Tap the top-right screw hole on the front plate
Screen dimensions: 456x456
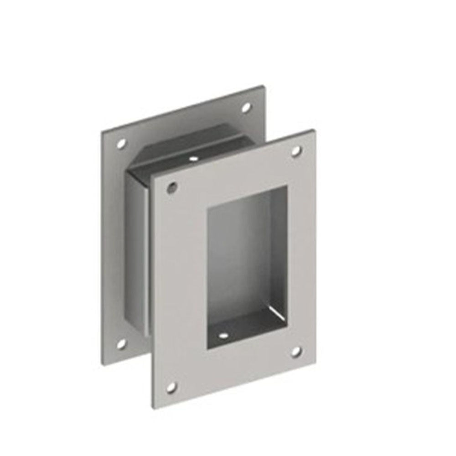(x=296, y=150)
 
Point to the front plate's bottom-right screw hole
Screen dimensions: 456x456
(x=296, y=351)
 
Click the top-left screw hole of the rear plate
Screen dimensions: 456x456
(x=121, y=144)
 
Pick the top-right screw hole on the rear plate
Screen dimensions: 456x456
(x=246, y=108)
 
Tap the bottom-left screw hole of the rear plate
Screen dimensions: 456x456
(x=121, y=344)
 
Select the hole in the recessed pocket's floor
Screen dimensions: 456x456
(x=223, y=335)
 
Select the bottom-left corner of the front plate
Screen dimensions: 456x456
(x=152, y=407)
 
